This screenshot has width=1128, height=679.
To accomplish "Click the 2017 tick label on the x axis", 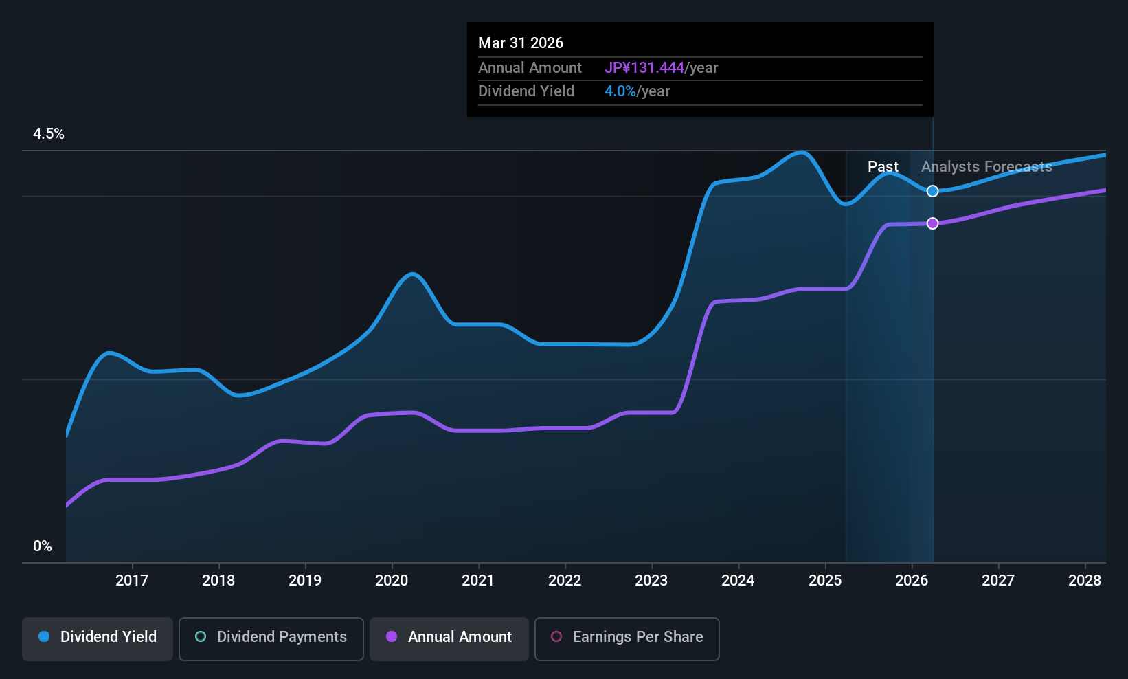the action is pos(132,580).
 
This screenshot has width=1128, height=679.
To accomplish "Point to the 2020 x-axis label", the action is pos(392,580).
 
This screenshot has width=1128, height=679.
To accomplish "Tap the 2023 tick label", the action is pos(652,580).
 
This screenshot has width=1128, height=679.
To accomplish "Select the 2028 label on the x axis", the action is pos(1085,580).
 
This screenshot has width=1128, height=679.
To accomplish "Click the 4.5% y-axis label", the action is pos(49,133).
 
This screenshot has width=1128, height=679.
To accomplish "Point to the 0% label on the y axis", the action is pos(43,546).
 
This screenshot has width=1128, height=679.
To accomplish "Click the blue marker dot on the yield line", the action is pos(933,191).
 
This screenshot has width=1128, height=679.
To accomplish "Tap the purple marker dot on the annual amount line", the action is pos(933,223).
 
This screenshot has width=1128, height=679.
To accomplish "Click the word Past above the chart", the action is pos(883,166).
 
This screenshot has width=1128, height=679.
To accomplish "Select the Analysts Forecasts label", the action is pos(986,166).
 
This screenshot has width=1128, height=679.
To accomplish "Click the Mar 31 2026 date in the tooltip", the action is pos(521,43).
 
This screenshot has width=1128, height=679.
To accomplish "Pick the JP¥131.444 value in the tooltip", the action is pos(644,67).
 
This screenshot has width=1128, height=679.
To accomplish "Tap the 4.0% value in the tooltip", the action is pos(620,91).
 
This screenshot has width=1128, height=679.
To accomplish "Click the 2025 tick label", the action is pos(825,580).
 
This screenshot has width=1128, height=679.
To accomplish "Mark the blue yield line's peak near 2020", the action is pos(412,274).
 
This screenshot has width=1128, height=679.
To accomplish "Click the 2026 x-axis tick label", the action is pos(912,580).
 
